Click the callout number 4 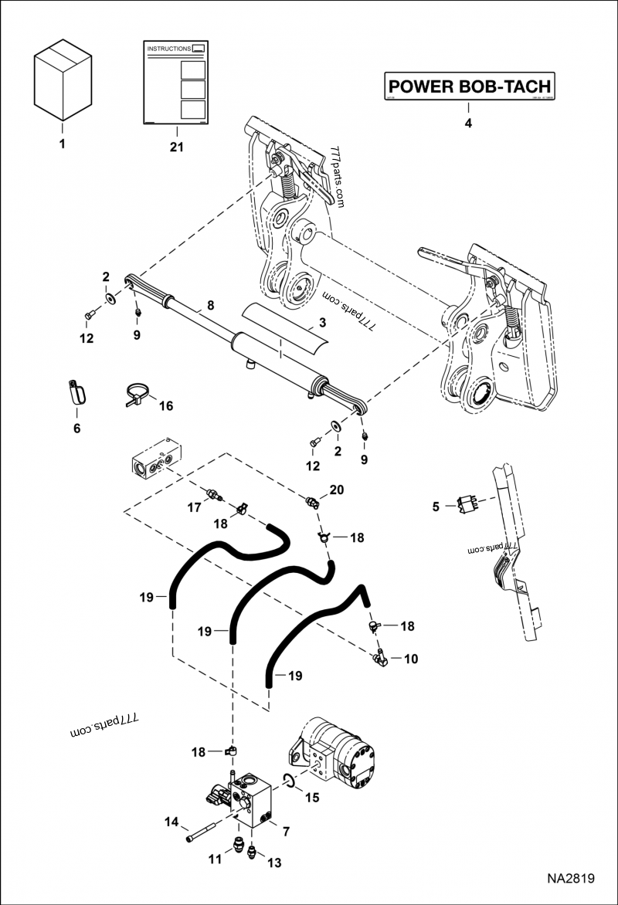467,122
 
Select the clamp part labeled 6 76,391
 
